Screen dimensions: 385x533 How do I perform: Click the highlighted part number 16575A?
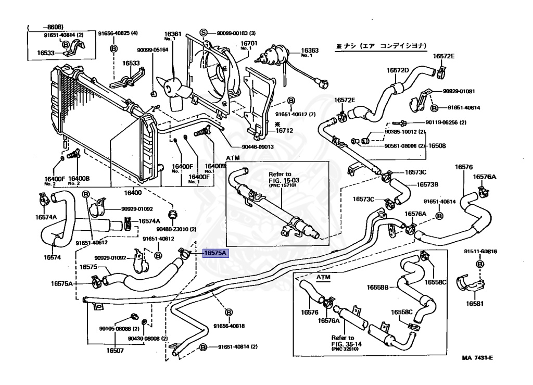pyautogui.click(x=215, y=253)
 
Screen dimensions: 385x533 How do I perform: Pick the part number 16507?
pyautogui.click(x=116, y=351)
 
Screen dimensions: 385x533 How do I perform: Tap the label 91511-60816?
pyautogui.click(x=480, y=252)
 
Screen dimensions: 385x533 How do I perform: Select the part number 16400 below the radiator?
pyautogui.click(x=132, y=193)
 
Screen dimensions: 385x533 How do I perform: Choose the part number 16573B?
pyautogui.click(x=427, y=184)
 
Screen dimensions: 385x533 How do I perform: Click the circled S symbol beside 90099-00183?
pyautogui.click(x=204, y=33)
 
